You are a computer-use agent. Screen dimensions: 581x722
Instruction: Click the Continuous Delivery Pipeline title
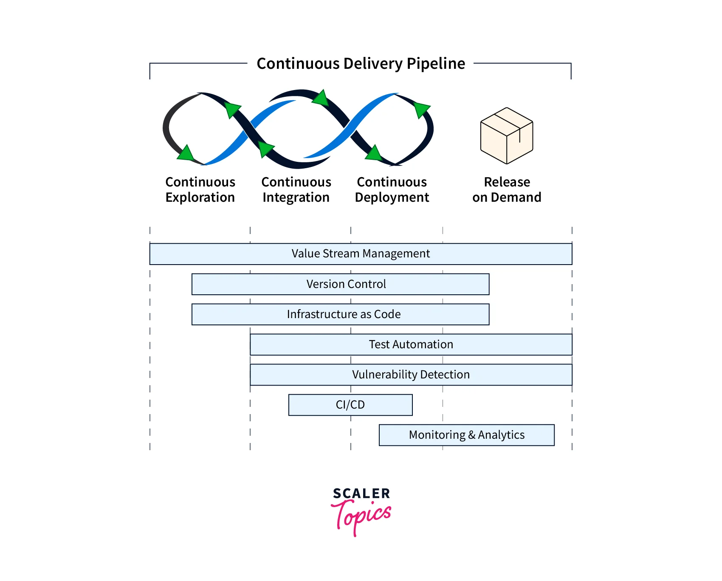pyautogui.click(x=361, y=64)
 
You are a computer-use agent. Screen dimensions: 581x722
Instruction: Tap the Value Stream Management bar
pyautogui.click(x=361, y=254)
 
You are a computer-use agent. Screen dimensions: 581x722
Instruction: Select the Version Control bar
pyautogui.click(x=340, y=284)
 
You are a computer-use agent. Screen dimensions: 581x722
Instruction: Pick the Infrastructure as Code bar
pyautogui.click(x=340, y=314)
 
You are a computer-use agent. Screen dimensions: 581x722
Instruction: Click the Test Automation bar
pyautogui.click(x=411, y=344)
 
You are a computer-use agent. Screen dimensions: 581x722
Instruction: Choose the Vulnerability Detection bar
pyautogui.click(x=411, y=375)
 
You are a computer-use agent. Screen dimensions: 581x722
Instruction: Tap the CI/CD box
pyautogui.click(x=350, y=405)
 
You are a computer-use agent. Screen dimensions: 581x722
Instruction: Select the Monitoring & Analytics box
pyautogui.click(x=466, y=435)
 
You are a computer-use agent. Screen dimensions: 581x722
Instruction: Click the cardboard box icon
pyautogui.click(x=507, y=136)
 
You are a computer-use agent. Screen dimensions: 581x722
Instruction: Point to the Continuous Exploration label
pyautogui.click(x=200, y=189)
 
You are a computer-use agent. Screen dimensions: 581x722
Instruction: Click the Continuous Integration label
pyautogui.click(x=296, y=189)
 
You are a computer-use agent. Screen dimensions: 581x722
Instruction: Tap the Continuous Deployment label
pyautogui.click(x=392, y=189)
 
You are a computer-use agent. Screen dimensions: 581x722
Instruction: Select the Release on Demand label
pyautogui.click(x=507, y=189)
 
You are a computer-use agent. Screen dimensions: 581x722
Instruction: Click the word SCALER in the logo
pyautogui.click(x=361, y=494)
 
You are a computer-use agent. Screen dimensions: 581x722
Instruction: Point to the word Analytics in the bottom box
pyautogui.click(x=501, y=435)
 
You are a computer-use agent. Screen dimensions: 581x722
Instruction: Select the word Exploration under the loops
pyautogui.click(x=200, y=197)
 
